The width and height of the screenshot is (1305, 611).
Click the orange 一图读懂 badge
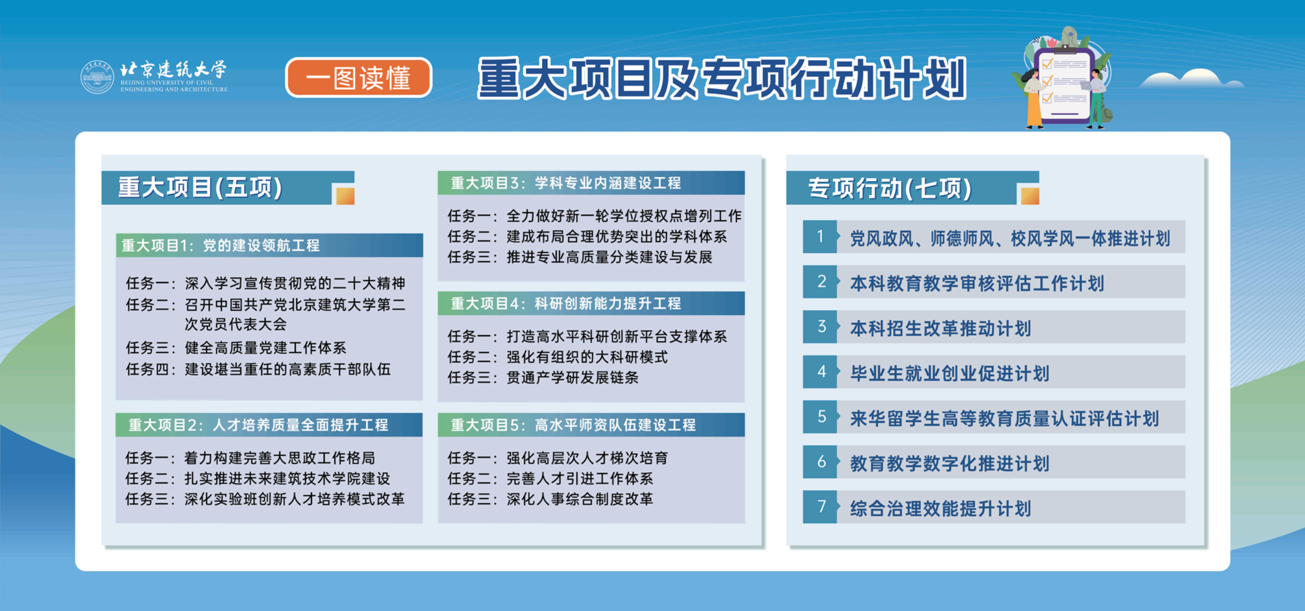pyautogui.click(x=359, y=78)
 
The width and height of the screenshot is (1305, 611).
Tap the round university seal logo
pyautogui.click(x=98, y=77)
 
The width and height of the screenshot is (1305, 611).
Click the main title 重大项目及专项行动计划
pyautogui.click(x=722, y=78)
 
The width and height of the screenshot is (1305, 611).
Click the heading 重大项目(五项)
pyautogui.click(x=200, y=187)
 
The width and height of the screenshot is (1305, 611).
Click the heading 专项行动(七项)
pyautogui.click(x=890, y=188)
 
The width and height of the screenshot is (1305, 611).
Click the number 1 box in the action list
pyautogui.click(x=820, y=237)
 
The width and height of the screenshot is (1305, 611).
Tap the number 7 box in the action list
pyautogui.click(x=820, y=507)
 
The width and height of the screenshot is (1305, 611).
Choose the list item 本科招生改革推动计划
pyautogui.click(x=940, y=328)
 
